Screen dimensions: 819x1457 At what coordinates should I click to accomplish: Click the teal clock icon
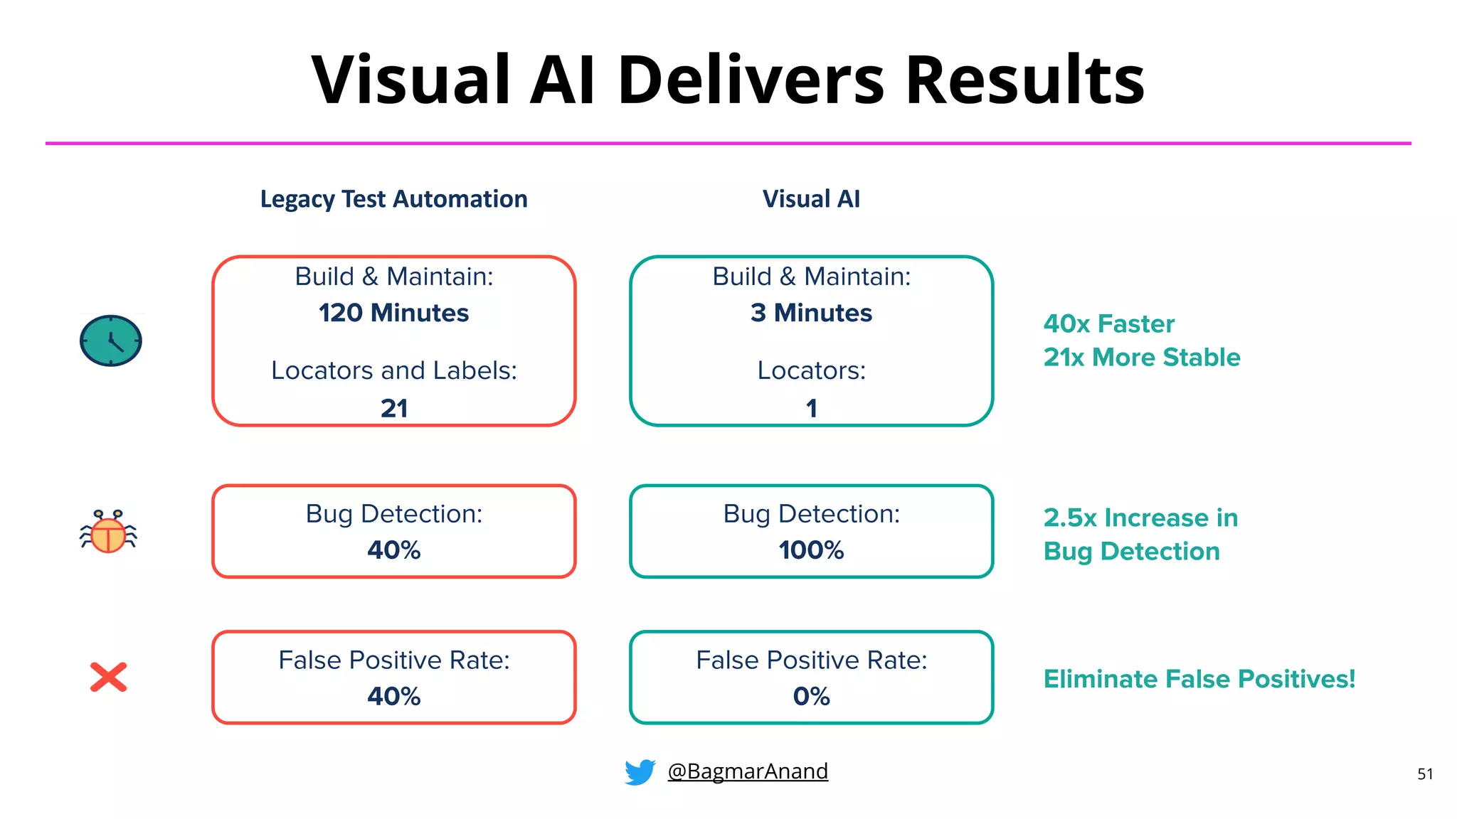pyautogui.click(x=110, y=341)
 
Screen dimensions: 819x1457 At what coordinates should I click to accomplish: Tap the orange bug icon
pyautogui.click(x=108, y=532)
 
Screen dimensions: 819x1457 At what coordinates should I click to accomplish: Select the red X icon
pyautogui.click(x=108, y=677)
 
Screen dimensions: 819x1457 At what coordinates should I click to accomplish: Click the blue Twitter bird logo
pyautogui.click(x=640, y=772)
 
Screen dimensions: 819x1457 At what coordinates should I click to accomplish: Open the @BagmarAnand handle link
pyautogui.click(x=748, y=771)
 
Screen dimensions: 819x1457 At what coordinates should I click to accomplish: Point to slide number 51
pyautogui.click(x=1425, y=774)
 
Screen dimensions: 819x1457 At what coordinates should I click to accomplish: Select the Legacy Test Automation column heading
pyautogui.click(x=393, y=199)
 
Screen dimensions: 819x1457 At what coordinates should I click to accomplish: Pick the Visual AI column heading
pyautogui.click(x=811, y=199)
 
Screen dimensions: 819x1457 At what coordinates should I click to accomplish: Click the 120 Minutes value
pyautogui.click(x=393, y=313)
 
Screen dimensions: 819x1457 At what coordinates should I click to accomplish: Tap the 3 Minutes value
pyautogui.click(x=811, y=313)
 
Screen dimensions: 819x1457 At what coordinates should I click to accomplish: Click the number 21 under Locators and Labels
pyautogui.click(x=394, y=408)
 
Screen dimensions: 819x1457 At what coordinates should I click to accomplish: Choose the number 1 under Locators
pyautogui.click(x=811, y=408)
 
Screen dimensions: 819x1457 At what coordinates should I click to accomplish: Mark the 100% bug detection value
pyautogui.click(x=811, y=550)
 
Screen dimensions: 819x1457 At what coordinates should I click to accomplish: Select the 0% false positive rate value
pyautogui.click(x=811, y=696)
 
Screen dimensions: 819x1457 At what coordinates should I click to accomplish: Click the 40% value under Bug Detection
pyautogui.click(x=393, y=550)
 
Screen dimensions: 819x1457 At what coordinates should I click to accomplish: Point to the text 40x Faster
pyautogui.click(x=1108, y=324)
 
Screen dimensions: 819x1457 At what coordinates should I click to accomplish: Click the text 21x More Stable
pyautogui.click(x=1142, y=357)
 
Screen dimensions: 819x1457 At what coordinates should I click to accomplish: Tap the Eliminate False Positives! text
pyautogui.click(x=1199, y=679)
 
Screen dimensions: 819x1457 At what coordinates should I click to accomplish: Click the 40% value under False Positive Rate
pyautogui.click(x=393, y=696)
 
